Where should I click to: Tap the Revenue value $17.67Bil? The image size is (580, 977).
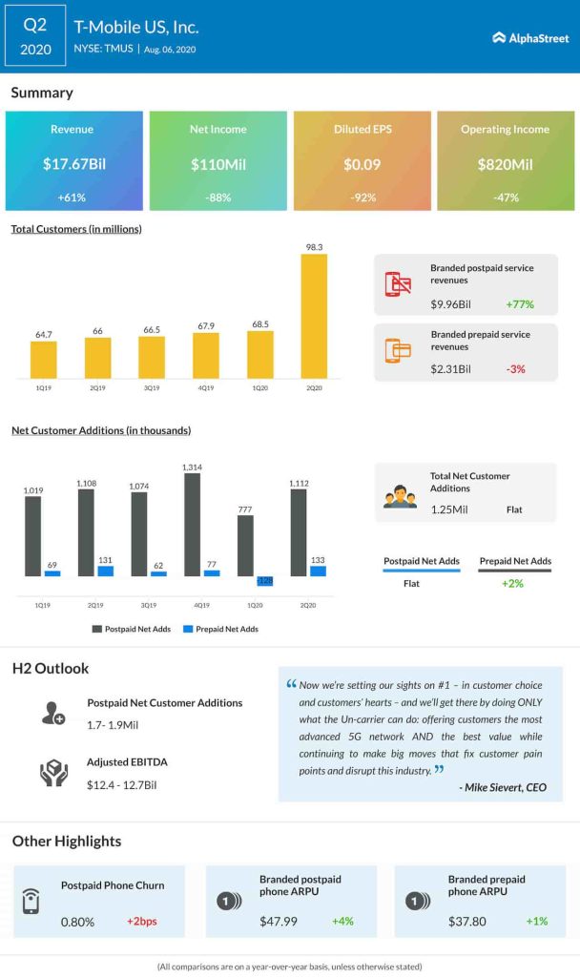pos(74,164)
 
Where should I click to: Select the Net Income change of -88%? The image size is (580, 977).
pos(218,197)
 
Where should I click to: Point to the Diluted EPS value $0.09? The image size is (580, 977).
pos(362,164)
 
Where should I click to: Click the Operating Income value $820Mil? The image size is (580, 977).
pos(505,164)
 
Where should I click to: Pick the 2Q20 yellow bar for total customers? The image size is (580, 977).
pos(314,316)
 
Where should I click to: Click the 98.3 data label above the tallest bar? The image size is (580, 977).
pos(314,247)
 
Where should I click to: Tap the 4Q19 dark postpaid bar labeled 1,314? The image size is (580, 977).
pos(193,525)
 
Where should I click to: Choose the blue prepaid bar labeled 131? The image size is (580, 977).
pos(105,571)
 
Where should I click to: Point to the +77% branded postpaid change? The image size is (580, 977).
pos(520,305)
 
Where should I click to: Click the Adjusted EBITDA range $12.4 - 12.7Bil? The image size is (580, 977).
pos(121,784)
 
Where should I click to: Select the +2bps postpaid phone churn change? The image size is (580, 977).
pos(142,922)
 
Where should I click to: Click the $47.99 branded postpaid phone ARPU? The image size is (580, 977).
pos(279,922)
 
